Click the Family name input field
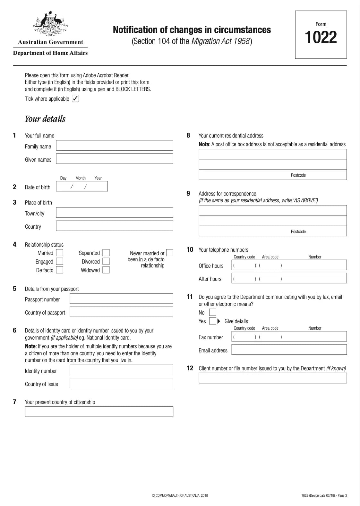115,146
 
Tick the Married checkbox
60,253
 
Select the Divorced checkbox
106,261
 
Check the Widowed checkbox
106,270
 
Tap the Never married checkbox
170,253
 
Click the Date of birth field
82,186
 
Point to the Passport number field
121,299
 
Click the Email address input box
289,350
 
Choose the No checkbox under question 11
212,312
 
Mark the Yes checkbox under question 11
212,321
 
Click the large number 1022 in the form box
321,37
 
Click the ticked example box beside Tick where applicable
75,98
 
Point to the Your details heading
45,119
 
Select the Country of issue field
121,383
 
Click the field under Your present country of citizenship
99,412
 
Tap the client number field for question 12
273,378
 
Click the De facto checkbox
60,270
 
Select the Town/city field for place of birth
115,213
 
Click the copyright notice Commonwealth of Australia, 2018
180,495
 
